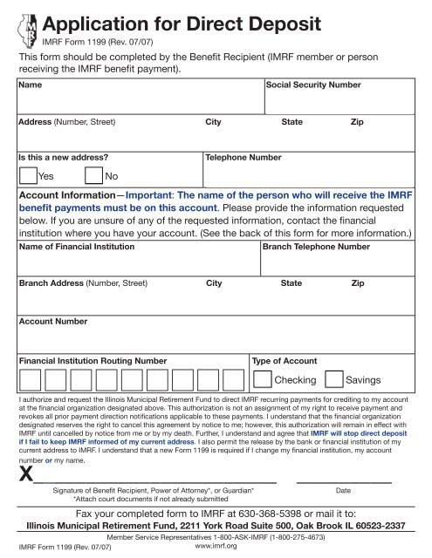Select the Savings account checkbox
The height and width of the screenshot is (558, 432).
(x=333, y=380)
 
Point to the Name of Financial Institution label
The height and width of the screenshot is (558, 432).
(x=77, y=248)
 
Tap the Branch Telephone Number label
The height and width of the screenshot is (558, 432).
(x=316, y=248)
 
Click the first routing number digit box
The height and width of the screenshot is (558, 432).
(x=30, y=380)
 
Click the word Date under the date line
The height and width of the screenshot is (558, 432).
(x=343, y=491)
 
